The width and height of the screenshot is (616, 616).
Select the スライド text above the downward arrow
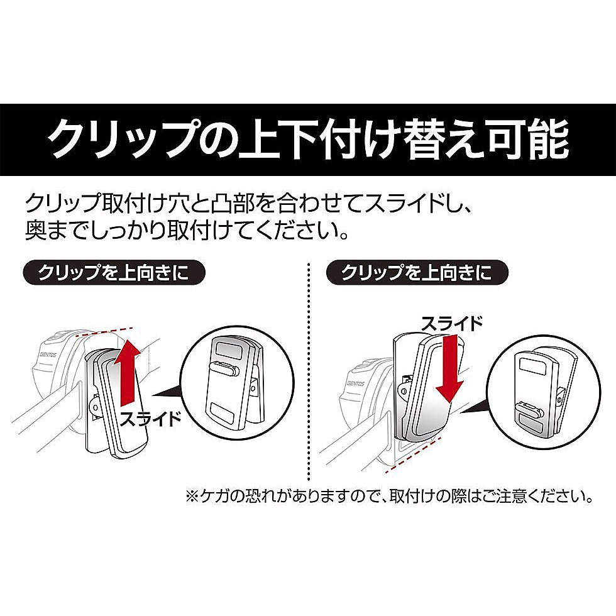point(452,324)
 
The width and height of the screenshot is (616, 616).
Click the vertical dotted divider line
point(309,377)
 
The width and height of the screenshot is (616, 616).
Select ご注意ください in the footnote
point(544,497)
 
